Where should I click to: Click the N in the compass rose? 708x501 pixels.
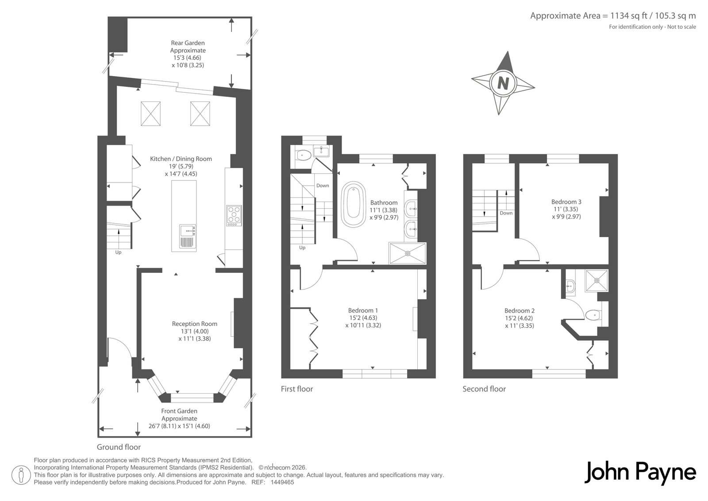[x=503, y=83]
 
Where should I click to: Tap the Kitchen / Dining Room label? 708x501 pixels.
[x=181, y=159]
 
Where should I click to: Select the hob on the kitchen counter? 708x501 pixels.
[x=234, y=216]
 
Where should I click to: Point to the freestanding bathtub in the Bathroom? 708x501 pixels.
[x=353, y=204]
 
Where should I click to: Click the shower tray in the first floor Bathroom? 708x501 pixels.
[x=408, y=253]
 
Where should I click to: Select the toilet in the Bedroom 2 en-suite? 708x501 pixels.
[x=593, y=315]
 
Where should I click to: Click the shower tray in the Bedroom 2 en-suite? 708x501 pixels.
[x=596, y=280]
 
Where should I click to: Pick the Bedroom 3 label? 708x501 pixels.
[x=566, y=202]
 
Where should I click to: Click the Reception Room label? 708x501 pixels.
[x=194, y=324]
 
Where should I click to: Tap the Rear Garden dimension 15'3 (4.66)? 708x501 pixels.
[x=187, y=58]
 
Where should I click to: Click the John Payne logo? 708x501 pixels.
[x=640, y=473]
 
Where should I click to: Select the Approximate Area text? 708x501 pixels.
[x=613, y=16]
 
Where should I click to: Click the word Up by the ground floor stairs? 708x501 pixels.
[x=118, y=252]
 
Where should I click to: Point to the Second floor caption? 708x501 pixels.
[x=484, y=389]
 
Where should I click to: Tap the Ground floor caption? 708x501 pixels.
[x=119, y=447]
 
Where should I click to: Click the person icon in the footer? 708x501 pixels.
[x=21, y=475]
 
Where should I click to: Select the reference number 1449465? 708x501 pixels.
[x=282, y=482]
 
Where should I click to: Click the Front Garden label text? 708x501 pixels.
[x=179, y=411]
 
